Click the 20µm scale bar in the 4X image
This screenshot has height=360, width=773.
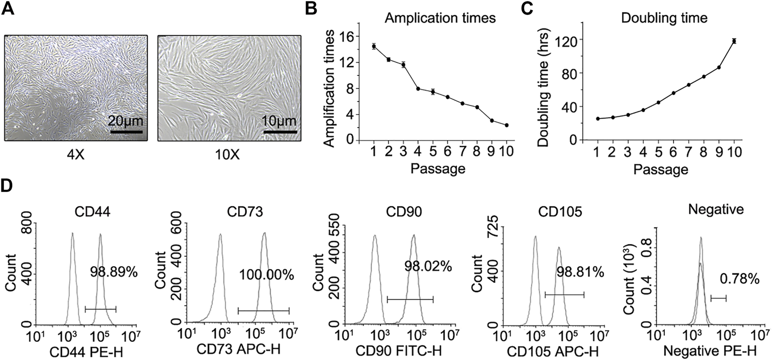[126, 132]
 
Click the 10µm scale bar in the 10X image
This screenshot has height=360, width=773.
[280, 132]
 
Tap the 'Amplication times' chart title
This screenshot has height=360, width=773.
[440, 18]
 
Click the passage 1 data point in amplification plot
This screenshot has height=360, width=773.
[374, 46]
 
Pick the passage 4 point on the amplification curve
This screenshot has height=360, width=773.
[418, 89]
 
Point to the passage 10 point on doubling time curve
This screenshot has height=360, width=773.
[734, 41]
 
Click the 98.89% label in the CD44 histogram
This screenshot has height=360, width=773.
[113, 272]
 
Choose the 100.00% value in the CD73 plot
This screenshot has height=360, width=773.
[266, 275]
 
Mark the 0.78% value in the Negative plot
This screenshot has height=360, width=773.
[739, 280]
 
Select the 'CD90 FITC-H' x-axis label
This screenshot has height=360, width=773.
[399, 351]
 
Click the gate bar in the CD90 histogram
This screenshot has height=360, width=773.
[410, 300]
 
